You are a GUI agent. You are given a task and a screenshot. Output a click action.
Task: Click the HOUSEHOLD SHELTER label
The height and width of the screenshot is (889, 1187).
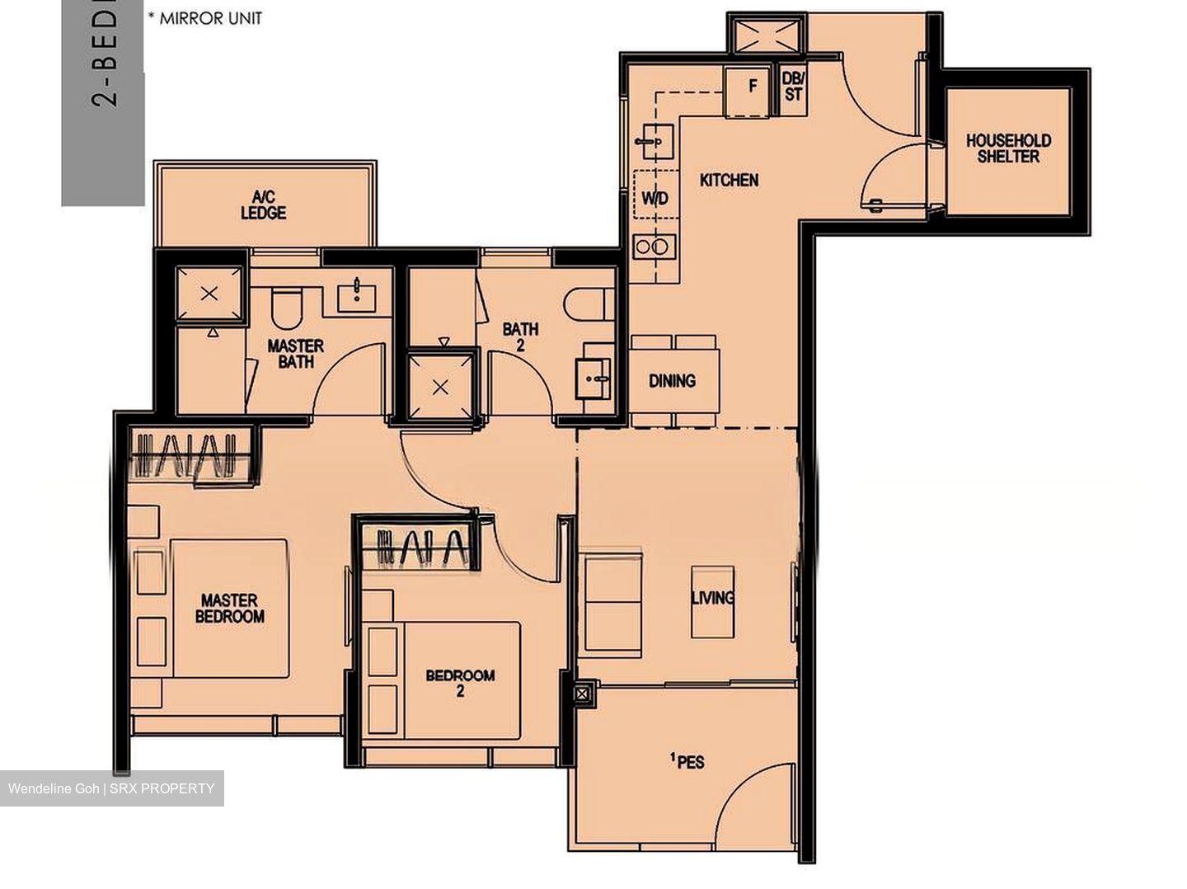coord(1007,148)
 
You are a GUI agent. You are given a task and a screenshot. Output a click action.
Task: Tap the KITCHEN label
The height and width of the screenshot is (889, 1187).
coord(729,180)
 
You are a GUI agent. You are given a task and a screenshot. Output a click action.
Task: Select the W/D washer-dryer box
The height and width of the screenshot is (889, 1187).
coord(655,198)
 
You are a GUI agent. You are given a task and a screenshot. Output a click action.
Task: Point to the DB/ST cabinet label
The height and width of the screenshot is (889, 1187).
coord(792,86)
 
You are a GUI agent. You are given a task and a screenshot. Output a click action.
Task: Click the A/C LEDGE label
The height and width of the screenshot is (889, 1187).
coord(263,205)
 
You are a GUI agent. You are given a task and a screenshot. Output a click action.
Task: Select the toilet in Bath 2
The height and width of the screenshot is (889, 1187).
coord(590,303)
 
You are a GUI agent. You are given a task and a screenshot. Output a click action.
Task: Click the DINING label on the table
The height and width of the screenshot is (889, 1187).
coord(672,381)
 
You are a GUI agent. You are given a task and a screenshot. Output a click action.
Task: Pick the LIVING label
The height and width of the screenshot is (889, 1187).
coord(712,598)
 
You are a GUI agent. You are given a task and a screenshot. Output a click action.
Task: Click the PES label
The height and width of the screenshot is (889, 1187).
coord(688,761)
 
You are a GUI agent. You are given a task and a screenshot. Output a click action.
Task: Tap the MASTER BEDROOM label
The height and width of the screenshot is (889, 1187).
coord(230,609)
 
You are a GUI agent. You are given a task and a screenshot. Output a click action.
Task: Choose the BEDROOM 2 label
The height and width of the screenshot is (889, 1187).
coord(460,683)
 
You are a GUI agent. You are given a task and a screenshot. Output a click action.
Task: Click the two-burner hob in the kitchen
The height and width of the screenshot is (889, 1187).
coord(654,247)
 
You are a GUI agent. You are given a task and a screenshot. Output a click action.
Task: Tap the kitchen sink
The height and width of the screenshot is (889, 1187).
coord(655,142)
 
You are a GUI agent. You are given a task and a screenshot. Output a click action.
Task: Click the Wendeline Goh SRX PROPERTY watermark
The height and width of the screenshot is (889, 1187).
coord(111,788)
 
